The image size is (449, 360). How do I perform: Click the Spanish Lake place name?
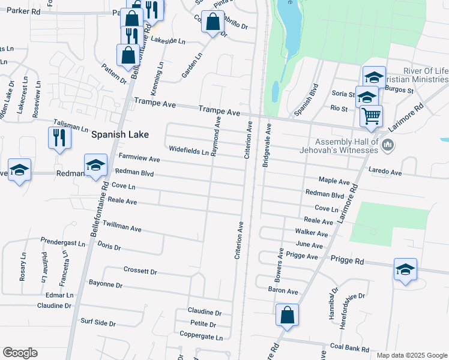click(x=119, y=135)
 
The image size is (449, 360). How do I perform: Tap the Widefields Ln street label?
click(x=188, y=151)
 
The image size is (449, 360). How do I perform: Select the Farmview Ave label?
click(x=139, y=159)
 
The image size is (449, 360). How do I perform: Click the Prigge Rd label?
click(x=347, y=261)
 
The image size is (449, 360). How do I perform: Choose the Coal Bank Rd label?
click(x=352, y=347)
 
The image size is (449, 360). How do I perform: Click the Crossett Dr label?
click(x=140, y=271)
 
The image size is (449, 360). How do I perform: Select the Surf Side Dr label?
click(x=98, y=323)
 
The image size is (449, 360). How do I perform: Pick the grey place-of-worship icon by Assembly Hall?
click(x=388, y=145)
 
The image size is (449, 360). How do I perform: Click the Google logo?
click(x=20, y=353)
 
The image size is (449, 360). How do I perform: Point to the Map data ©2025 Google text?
click(x=412, y=355)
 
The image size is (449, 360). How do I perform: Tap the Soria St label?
click(x=343, y=94)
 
